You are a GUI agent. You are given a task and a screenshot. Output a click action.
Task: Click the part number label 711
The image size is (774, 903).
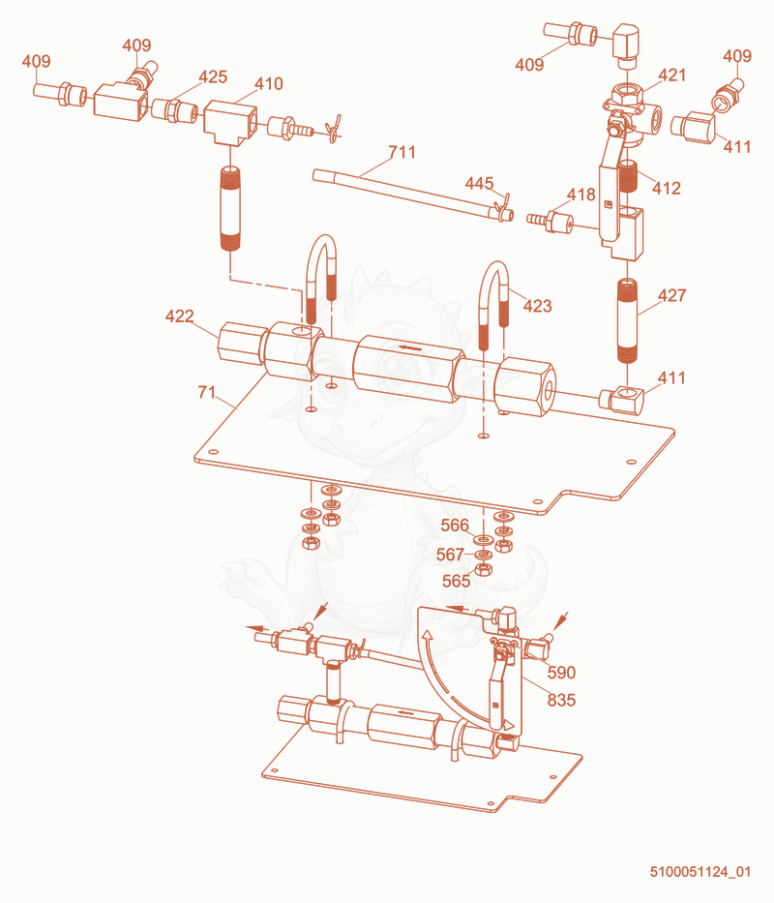402,152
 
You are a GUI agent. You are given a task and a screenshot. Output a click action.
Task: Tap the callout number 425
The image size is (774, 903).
213,76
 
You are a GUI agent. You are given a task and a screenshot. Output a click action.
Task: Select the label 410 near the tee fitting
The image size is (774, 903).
268,83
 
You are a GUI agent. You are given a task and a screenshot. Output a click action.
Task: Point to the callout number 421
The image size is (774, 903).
672,75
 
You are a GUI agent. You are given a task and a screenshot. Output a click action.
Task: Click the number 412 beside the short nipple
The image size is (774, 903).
667,188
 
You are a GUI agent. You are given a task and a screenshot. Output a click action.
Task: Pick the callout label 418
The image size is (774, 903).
581,195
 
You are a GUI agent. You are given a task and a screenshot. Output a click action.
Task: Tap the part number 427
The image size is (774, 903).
672,295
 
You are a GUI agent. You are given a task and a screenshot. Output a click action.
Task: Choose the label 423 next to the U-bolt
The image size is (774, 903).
537,305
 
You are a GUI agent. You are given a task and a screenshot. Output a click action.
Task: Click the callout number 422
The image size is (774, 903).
180,316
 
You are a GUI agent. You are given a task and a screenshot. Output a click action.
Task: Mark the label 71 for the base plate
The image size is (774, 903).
207,392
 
